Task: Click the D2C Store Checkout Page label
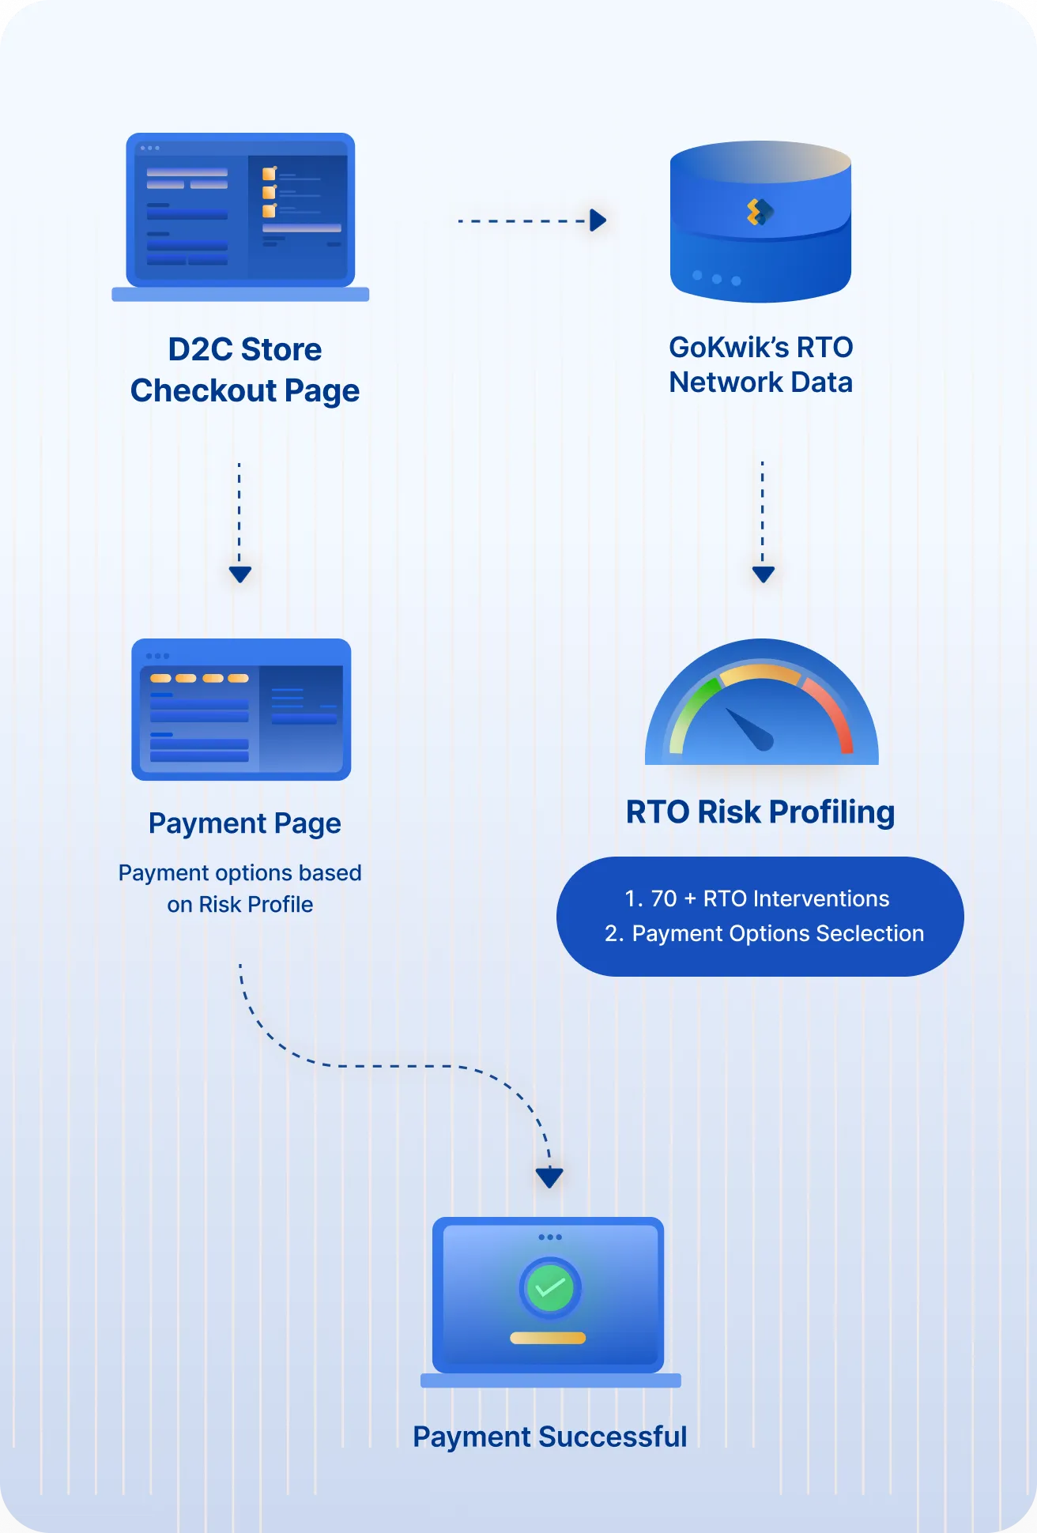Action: (x=245, y=370)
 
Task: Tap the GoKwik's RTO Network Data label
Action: (x=760, y=364)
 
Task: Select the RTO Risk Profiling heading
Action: (x=760, y=812)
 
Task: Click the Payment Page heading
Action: (x=245, y=823)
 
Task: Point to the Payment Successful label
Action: (x=550, y=1437)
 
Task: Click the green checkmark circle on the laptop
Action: (x=550, y=1288)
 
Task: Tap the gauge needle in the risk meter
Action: (x=749, y=729)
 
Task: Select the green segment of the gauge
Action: (x=692, y=707)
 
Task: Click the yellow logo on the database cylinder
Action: (x=760, y=212)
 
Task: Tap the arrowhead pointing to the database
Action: (x=598, y=220)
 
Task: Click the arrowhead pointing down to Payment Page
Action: (x=240, y=574)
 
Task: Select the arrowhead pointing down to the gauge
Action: (x=763, y=574)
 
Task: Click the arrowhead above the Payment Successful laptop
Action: (x=549, y=1177)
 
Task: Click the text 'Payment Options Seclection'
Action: (x=778, y=933)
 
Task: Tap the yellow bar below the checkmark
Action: (x=548, y=1338)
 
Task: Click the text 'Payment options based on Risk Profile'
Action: (x=240, y=888)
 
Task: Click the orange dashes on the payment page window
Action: (x=199, y=678)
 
